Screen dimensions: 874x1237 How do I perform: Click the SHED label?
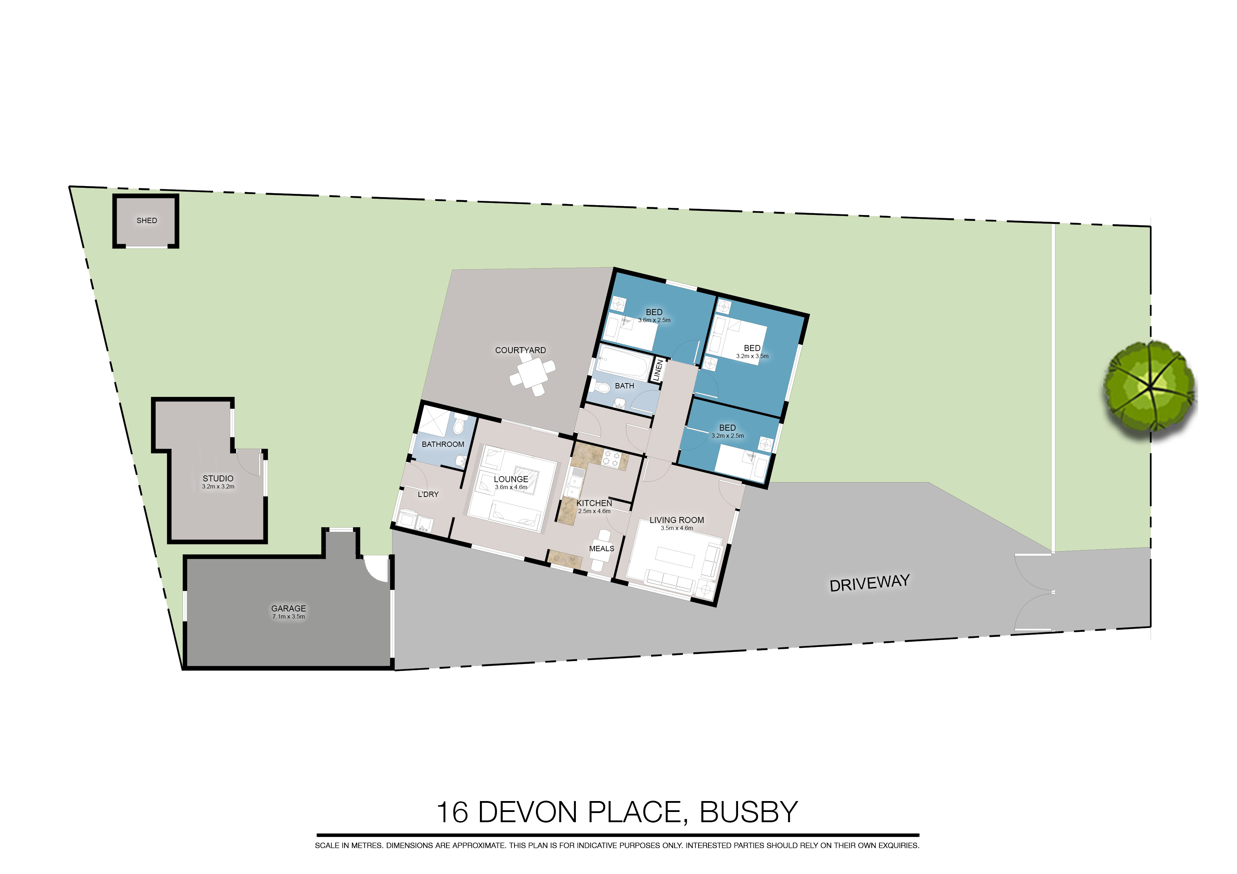[x=147, y=221]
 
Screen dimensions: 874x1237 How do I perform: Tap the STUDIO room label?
[x=218, y=479]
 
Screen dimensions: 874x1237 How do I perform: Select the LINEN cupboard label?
[x=657, y=370]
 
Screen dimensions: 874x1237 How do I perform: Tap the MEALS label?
[x=601, y=549]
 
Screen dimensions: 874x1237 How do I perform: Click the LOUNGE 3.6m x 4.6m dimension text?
[x=511, y=487]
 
